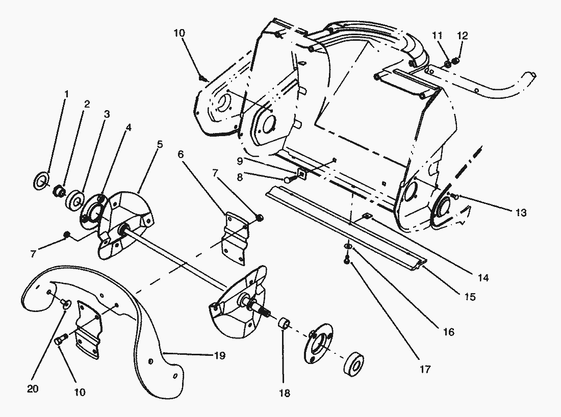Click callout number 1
coord(66,94)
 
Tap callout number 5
coord(160,144)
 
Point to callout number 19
coord(220,355)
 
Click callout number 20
coord(33,388)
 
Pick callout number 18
coord(285,393)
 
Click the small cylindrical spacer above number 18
coord(285,323)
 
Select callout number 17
coord(425,369)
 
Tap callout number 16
coord(449,332)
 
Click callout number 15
coord(470,297)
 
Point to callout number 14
coord(483,277)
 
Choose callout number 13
coord(521,213)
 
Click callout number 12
coord(462,36)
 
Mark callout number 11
coord(437,35)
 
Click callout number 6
coord(181,154)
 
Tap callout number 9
coord(240,161)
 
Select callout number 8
coord(240,177)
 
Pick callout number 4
coord(129,127)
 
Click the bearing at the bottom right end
coord(354,364)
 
